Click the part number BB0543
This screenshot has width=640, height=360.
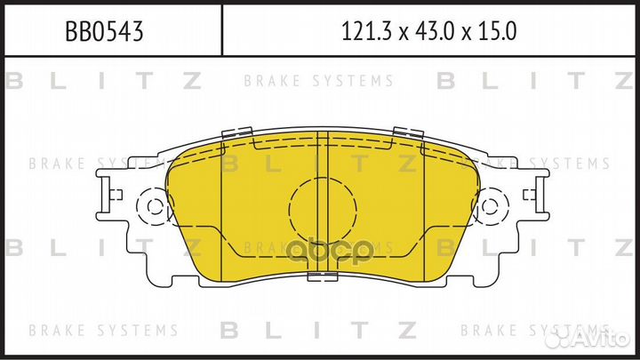(105, 32)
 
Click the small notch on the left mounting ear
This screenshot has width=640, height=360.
(113, 193)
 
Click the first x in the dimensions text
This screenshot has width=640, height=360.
(403, 34)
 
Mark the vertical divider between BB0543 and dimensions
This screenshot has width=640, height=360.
(221, 30)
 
